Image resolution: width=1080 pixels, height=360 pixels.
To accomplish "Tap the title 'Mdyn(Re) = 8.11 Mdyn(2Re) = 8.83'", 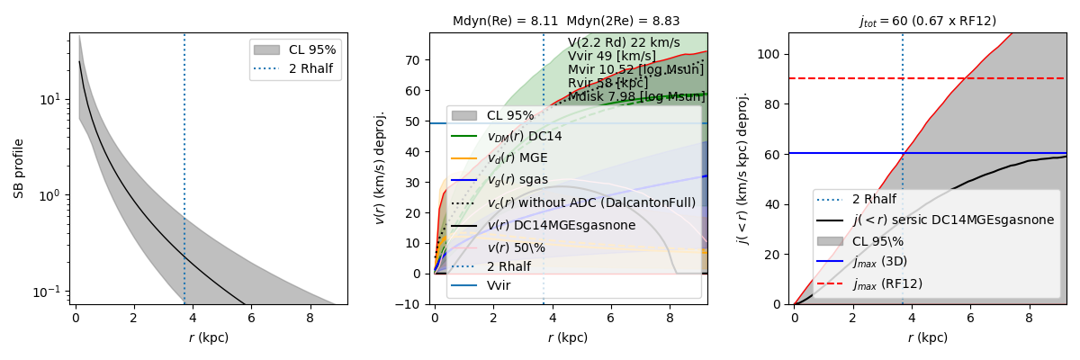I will click(x=567, y=21).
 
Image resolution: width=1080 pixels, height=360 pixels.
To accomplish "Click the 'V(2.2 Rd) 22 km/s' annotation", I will click(x=624, y=42).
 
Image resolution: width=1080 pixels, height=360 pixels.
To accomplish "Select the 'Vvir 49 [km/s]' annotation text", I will click(x=612, y=56).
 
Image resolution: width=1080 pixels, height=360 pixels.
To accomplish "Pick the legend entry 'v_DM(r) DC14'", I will click(x=524, y=136).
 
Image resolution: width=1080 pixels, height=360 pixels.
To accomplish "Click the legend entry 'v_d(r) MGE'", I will click(x=517, y=157).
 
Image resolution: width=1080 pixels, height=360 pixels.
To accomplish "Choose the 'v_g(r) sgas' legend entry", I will click(x=517, y=179).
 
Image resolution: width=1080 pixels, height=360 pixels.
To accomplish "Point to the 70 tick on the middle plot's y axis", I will click(x=417, y=60).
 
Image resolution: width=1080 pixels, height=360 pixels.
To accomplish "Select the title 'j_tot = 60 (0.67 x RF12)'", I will click(x=927, y=21).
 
